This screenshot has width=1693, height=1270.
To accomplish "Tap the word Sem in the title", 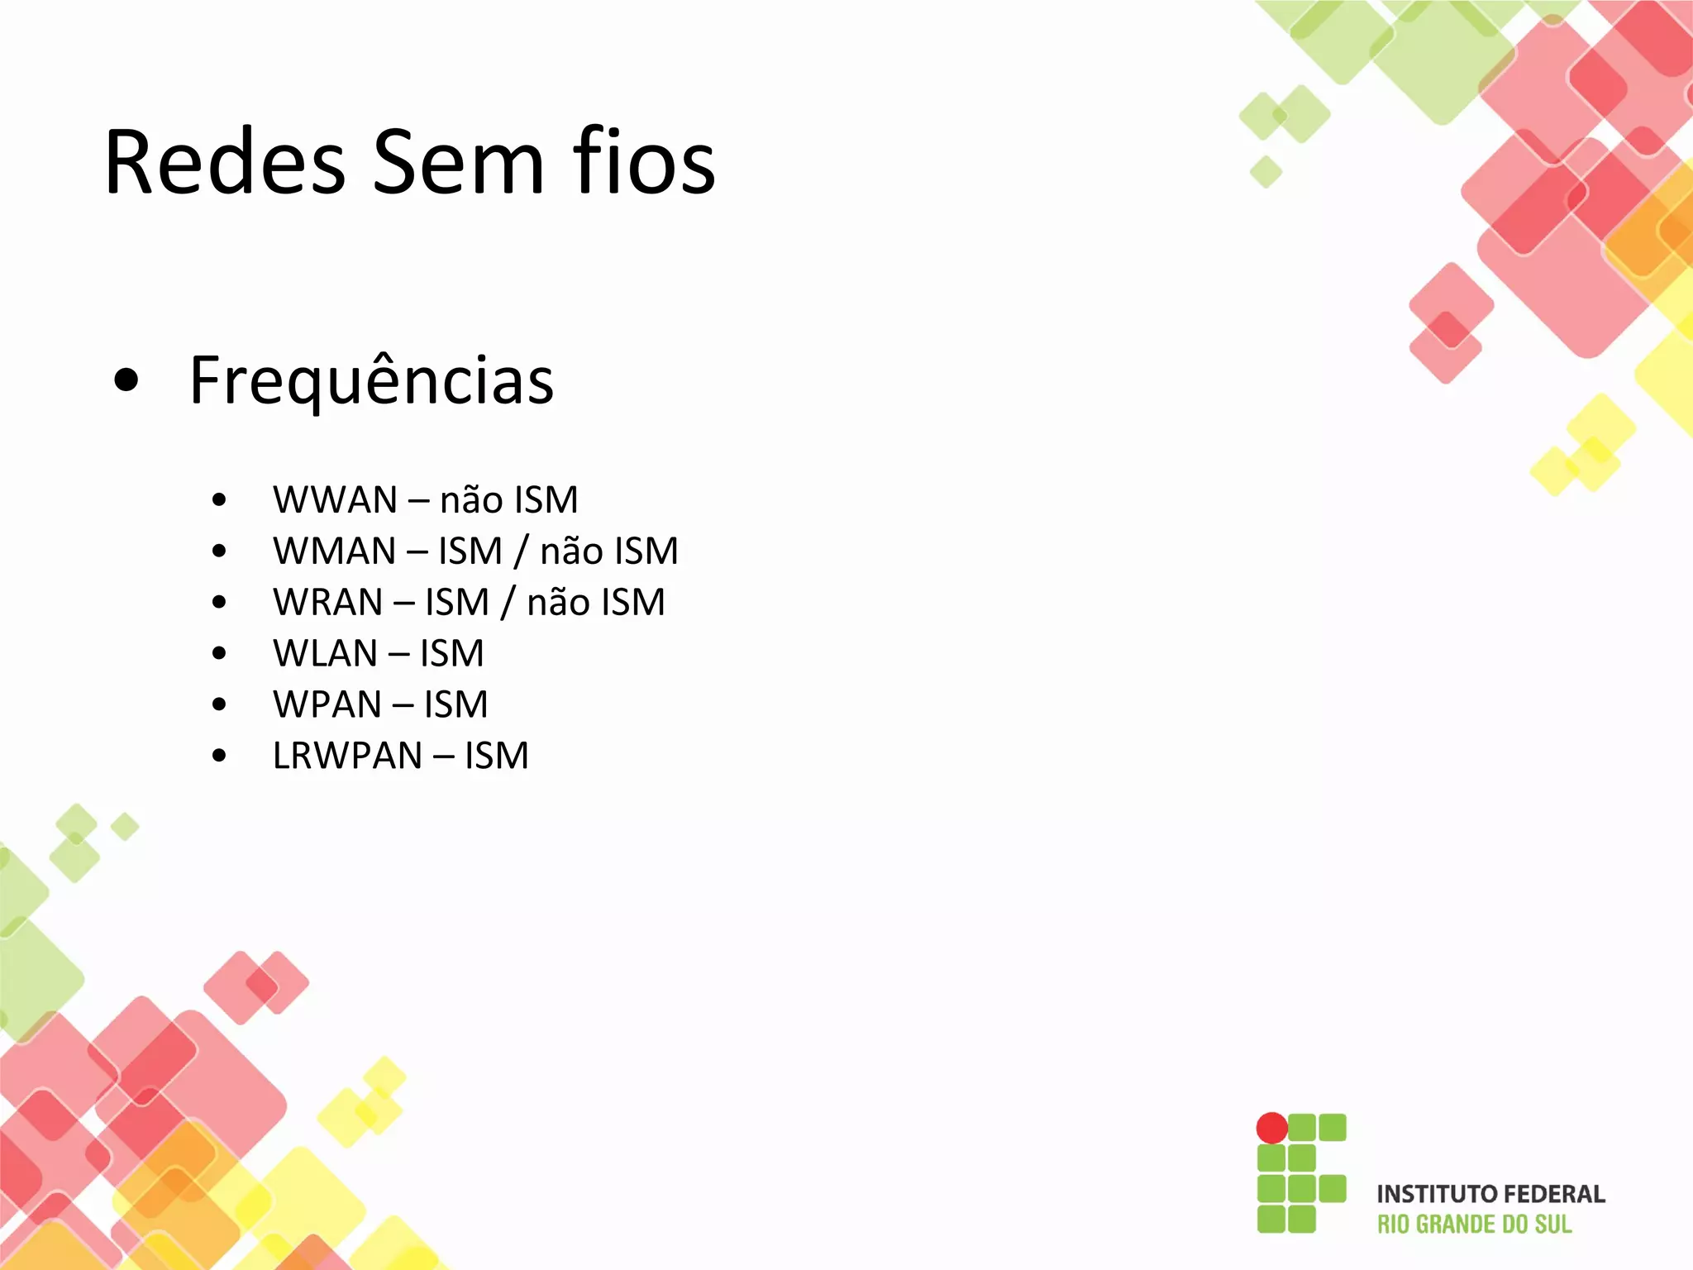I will coord(458,163).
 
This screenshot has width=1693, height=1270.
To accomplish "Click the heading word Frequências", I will coord(371,381).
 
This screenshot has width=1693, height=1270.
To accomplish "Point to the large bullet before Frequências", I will coord(126,381).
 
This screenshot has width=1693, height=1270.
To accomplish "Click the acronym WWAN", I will coord(335,500).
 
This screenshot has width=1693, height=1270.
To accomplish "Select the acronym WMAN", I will coord(335,551).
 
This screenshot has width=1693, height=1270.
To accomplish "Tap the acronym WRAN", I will coord(328,603).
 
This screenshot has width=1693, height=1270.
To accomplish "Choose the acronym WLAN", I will coord(325,654).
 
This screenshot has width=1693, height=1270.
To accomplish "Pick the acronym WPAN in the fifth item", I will coord(327,705).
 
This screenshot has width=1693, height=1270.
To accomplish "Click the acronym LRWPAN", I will coord(347,756).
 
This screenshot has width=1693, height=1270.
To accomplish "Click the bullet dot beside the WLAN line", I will coord(219,654).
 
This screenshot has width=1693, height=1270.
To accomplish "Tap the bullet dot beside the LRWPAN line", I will coord(219,756).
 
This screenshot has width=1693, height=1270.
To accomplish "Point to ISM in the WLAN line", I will coord(451,654).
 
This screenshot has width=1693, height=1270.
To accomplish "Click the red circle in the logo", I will coord(1271,1128).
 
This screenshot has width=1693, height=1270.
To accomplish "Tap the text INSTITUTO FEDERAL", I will coord(1490,1195).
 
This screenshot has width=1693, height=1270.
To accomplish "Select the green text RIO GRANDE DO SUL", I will coord(1474,1225).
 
